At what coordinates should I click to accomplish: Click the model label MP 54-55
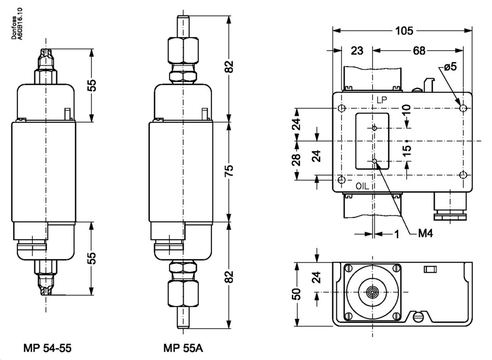pyautogui.click(x=48, y=347)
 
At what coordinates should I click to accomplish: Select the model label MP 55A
pyautogui.click(x=183, y=347)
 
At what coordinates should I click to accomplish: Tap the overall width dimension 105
pyautogui.click(x=405, y=31)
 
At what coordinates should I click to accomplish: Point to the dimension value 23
pyautogui.click(x=356, y=51)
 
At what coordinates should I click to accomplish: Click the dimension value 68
pyautogui.click(x=419, y=51)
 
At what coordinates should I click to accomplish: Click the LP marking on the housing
pyautogui.click(x=381, y=100)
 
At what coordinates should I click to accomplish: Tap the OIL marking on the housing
pyautogui.click(x=363, y=186)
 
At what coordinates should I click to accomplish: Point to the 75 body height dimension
pyautogui.click(x=230, y=169)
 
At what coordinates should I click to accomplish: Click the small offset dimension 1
pyautogui.click(x=396, y=234)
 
